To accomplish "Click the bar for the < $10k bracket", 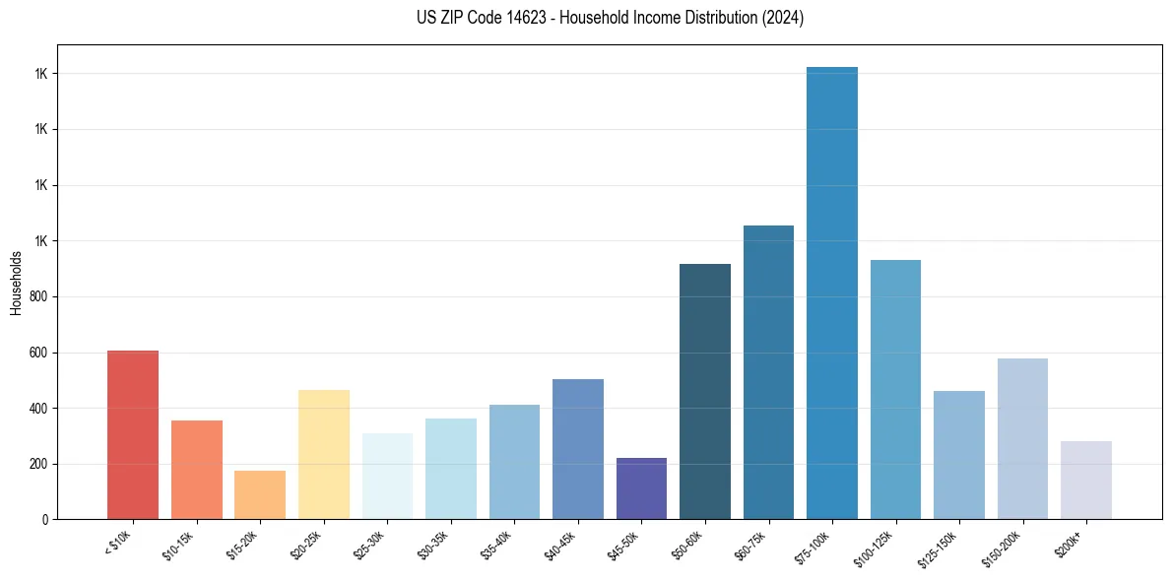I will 133,435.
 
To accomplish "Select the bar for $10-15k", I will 196,470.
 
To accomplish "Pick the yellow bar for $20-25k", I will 324,455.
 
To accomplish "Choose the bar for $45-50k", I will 641,488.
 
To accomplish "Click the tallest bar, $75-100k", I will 832,293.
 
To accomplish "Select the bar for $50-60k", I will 705,392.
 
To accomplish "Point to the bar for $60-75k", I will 768,372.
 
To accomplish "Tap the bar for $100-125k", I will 895,390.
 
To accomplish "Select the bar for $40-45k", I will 578,449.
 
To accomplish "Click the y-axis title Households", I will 17,283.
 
